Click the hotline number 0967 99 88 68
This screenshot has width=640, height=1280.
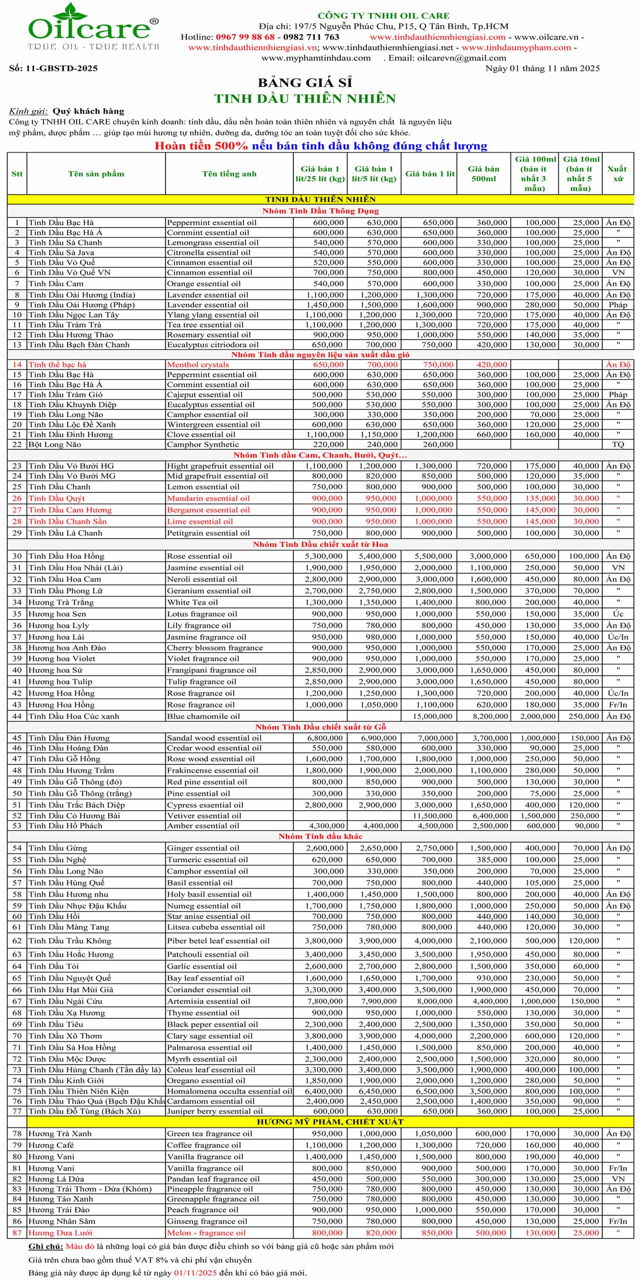pos(245,37)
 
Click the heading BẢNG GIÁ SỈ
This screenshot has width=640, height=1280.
pos(305,82)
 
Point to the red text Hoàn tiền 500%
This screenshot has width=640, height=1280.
pos(201,146)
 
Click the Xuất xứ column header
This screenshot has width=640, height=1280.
pos(617,174)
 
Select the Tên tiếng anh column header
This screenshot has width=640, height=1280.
pos(229,174)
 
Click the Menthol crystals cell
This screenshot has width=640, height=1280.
pos(198,365)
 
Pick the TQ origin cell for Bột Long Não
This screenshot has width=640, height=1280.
pos(618,445)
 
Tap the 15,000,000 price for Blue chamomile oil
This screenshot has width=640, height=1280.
pos(432,716)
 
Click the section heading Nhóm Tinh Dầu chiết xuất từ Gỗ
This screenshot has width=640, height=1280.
pos(320,727)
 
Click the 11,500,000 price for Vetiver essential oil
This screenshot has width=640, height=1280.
pos(432,816)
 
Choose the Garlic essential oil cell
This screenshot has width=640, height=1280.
pos(202,967)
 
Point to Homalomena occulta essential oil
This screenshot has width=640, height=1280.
pos(229,1092)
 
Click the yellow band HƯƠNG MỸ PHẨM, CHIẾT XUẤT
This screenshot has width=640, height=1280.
pos(330,1122)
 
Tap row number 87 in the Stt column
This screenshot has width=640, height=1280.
pos(17,1233)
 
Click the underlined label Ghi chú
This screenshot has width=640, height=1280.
pos(46,1246)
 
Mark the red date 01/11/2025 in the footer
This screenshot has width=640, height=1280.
pos(195,1272)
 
